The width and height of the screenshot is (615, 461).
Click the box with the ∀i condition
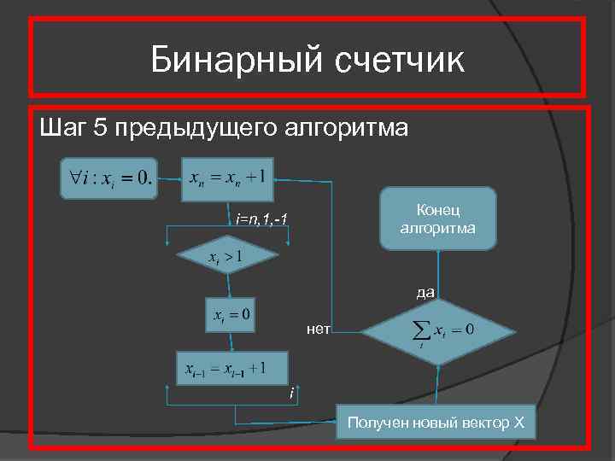point(108,178)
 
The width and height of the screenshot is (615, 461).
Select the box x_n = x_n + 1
point(226,178)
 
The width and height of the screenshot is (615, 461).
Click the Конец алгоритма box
point(436,219)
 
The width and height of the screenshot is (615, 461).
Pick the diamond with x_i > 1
point(225,255)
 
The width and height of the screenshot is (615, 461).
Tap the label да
point(425,292)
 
